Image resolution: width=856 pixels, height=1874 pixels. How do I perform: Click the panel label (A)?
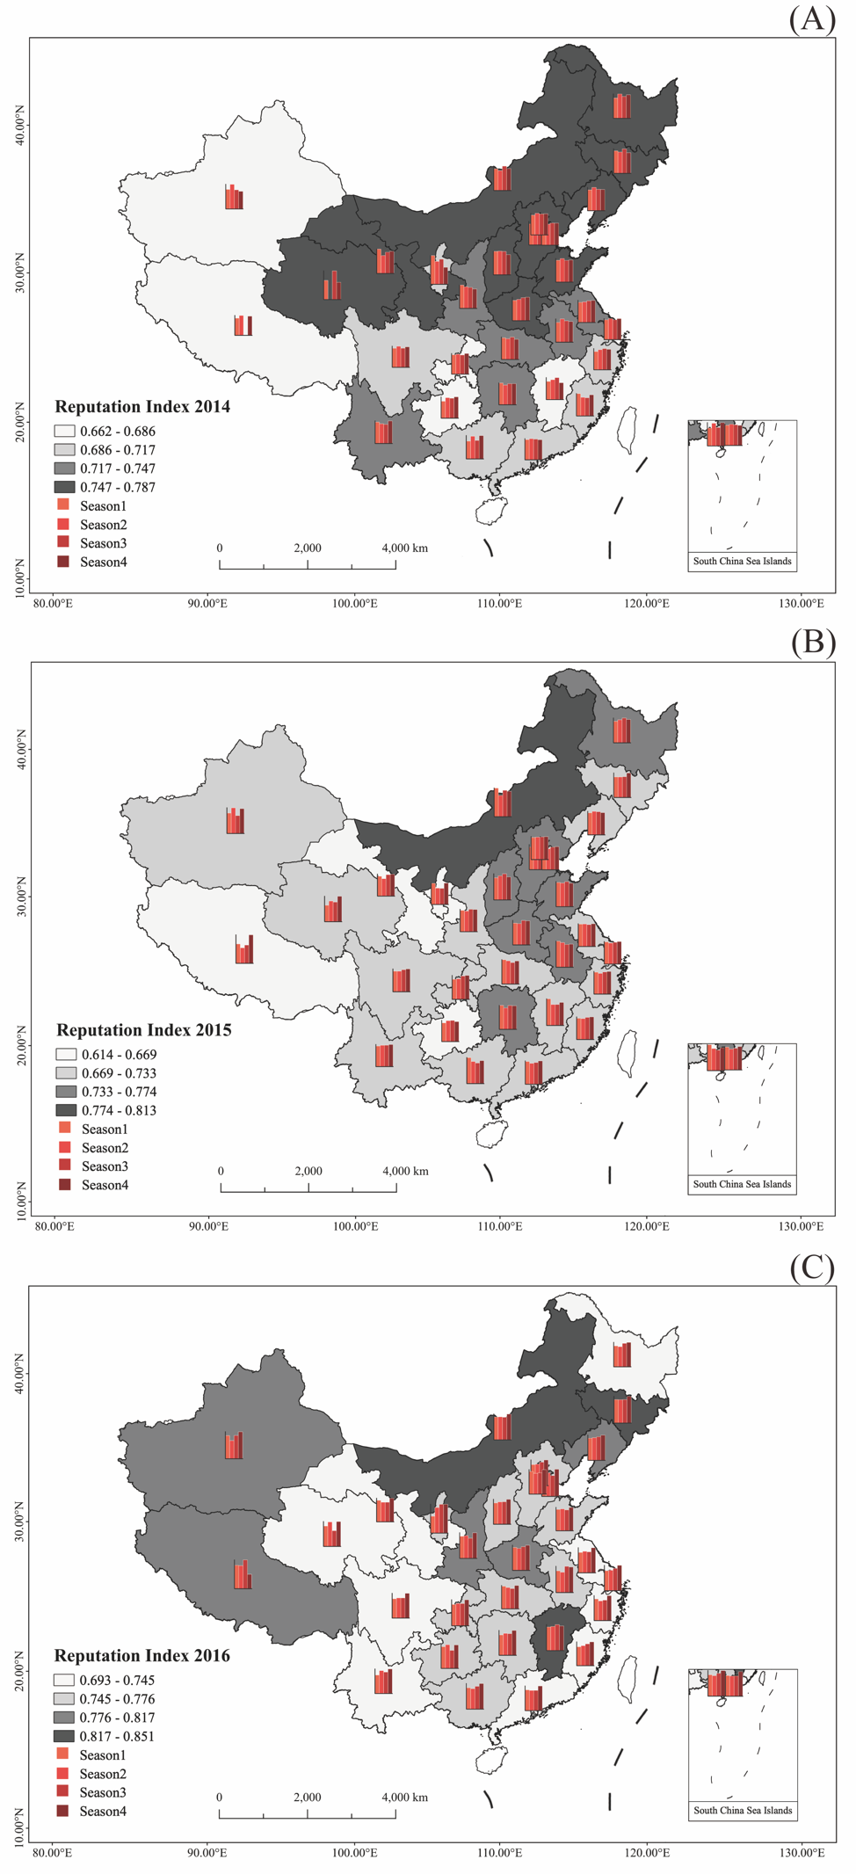pos(811,18)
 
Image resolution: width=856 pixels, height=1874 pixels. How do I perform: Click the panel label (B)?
pos(813,643)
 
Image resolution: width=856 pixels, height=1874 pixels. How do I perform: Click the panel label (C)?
pos(812,1267)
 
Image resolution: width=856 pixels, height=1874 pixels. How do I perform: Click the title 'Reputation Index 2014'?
pos(142,407)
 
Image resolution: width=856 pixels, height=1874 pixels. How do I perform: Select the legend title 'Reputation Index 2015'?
pos(144,1030)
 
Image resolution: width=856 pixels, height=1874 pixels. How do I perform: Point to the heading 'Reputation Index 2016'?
pos(142,1656)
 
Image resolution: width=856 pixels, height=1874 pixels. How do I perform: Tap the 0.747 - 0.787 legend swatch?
pos(64,487)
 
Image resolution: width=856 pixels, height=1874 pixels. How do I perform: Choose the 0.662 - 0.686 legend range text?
pos(118,432)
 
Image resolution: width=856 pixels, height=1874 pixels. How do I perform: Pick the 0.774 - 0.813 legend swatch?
pos(66,1110)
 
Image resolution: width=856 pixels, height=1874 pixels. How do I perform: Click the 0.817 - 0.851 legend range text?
pos(117,1736)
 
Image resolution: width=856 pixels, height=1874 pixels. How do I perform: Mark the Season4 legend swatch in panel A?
pos(63,562)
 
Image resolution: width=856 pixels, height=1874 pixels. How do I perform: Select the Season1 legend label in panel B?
pos(105,1129)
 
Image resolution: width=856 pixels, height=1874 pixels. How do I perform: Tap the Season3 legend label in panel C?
pos(103,1792)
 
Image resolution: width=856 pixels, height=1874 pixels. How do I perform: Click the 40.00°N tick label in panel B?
pos(19,748)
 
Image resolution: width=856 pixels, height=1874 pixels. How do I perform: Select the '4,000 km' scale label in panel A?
pos(404,548)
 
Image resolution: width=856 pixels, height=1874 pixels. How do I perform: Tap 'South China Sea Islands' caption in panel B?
pos(742,1184)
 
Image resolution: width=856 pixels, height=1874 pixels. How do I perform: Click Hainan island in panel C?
pos(492,1760)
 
